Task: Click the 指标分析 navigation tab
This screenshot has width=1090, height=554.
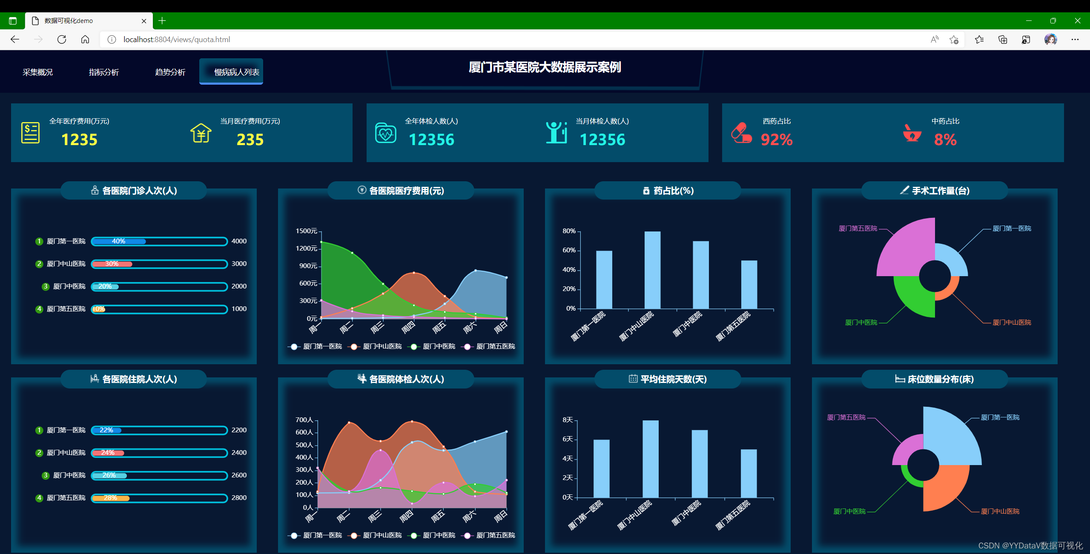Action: pyautogui.click(x=103, y=72)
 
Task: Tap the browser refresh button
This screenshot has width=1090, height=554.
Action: pyautogui.click(x=62, y=40)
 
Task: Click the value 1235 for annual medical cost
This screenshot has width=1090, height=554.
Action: pyautogui.click(x=79, y=140)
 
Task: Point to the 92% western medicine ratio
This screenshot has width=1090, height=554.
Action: pyautogui.click(x=776, y=140)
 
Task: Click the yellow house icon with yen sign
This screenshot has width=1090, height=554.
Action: pyautogui.click(x=201, y=133)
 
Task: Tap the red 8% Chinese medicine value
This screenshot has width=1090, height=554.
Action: pyautogui.click(x=945, y=140)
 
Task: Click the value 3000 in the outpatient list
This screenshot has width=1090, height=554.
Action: pyautogui.click(x=239, y=264)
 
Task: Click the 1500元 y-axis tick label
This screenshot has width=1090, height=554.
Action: pyautogui.click(x=306, y=231)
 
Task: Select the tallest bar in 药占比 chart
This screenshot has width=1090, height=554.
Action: pyautogui.click(x=652, y=270)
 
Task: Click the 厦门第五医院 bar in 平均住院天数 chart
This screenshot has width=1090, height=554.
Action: pyautogui.click(x=749, y=473)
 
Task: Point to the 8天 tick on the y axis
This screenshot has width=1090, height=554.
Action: pyautogui.click(x=568, y=420)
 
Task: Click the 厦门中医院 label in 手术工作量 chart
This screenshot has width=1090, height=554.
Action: pyautogui.click(x=861, y=323)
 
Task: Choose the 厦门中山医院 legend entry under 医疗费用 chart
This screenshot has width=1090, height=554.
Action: pyautogui.click(x=382, y=346)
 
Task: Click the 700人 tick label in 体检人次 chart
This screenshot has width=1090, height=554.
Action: pyautogui.click(x=304, y=420)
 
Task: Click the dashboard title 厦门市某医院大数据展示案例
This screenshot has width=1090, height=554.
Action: pyautogui.click(x=545, y=67)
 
